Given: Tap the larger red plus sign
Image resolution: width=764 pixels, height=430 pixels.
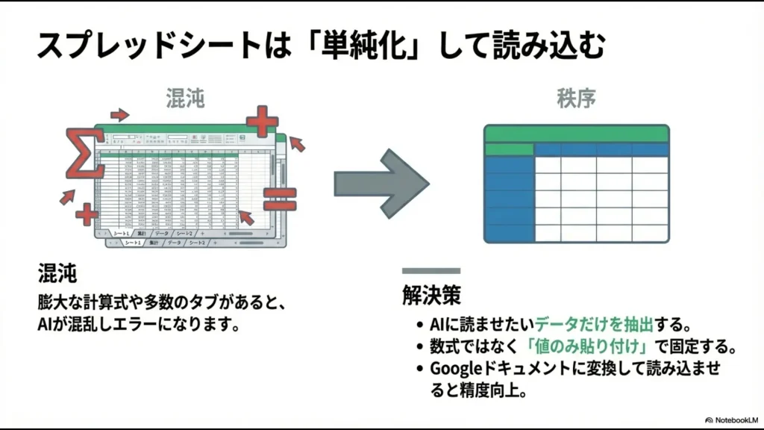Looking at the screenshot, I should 262,121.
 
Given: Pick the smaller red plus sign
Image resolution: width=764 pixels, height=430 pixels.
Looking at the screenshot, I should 87,215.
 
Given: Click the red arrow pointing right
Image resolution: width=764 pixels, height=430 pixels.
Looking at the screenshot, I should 119,115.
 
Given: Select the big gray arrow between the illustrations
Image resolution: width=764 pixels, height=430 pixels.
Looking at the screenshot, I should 381,183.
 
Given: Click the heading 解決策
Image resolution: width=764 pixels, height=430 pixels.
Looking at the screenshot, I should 431,296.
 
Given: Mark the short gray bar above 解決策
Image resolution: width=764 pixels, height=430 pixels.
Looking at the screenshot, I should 431,271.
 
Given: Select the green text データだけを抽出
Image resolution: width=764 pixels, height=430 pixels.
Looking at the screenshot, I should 594,325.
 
